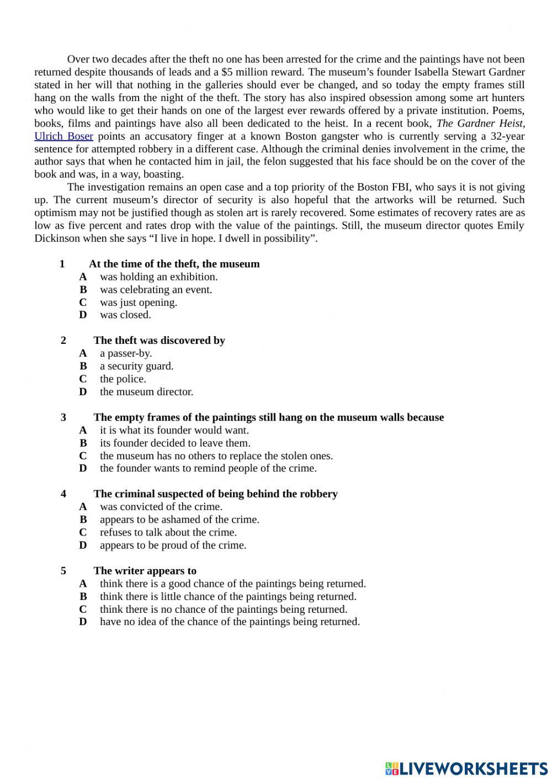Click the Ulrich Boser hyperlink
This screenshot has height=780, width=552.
click(63, 136)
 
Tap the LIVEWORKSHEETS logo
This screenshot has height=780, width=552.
click(466, 768)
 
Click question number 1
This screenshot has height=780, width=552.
click(62, 264)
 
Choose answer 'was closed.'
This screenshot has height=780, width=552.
click(125, 315)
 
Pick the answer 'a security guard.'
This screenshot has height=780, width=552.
click(136, 366)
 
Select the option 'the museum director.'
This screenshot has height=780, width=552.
click(146, 392)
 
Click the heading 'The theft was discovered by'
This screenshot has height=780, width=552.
click(159, 341)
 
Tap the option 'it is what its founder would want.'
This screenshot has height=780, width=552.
click(174, 430)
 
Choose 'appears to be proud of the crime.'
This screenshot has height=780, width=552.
click(173, 545)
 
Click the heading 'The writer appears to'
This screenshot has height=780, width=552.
click(145, 571)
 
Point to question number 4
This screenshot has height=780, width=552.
click(63, 494)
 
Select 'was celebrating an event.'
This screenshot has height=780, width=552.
click(156, 290)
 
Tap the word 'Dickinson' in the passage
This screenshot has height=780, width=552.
click(57, 238)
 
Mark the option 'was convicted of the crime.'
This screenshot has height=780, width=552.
click(161, 507)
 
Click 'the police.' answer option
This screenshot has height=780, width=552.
click(123, 379)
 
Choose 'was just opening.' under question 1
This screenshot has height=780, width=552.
click(138, 303)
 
